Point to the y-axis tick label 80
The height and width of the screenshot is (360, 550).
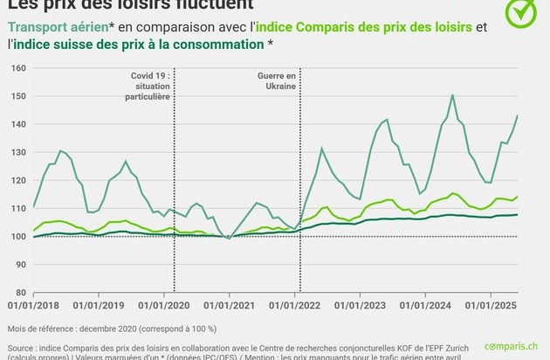18,293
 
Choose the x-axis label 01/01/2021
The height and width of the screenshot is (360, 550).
230,307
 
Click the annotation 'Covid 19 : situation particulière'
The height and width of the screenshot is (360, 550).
148,87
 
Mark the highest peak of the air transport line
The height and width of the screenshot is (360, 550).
452,95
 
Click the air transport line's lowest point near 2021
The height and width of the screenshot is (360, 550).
230,239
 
